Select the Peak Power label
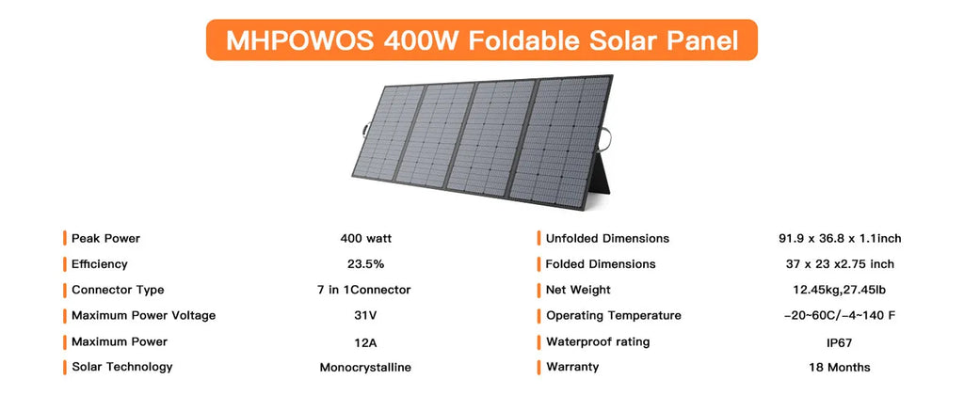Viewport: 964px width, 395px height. coord(105,238)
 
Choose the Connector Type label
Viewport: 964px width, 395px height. coord(118,290)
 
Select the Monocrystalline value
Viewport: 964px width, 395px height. coord(365,367)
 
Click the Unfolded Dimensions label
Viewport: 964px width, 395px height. coord(607,238)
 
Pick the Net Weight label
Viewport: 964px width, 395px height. coord(578,290)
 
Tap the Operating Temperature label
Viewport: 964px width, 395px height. coord(613,315)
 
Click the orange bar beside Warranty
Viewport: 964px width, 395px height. coord(538,367)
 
